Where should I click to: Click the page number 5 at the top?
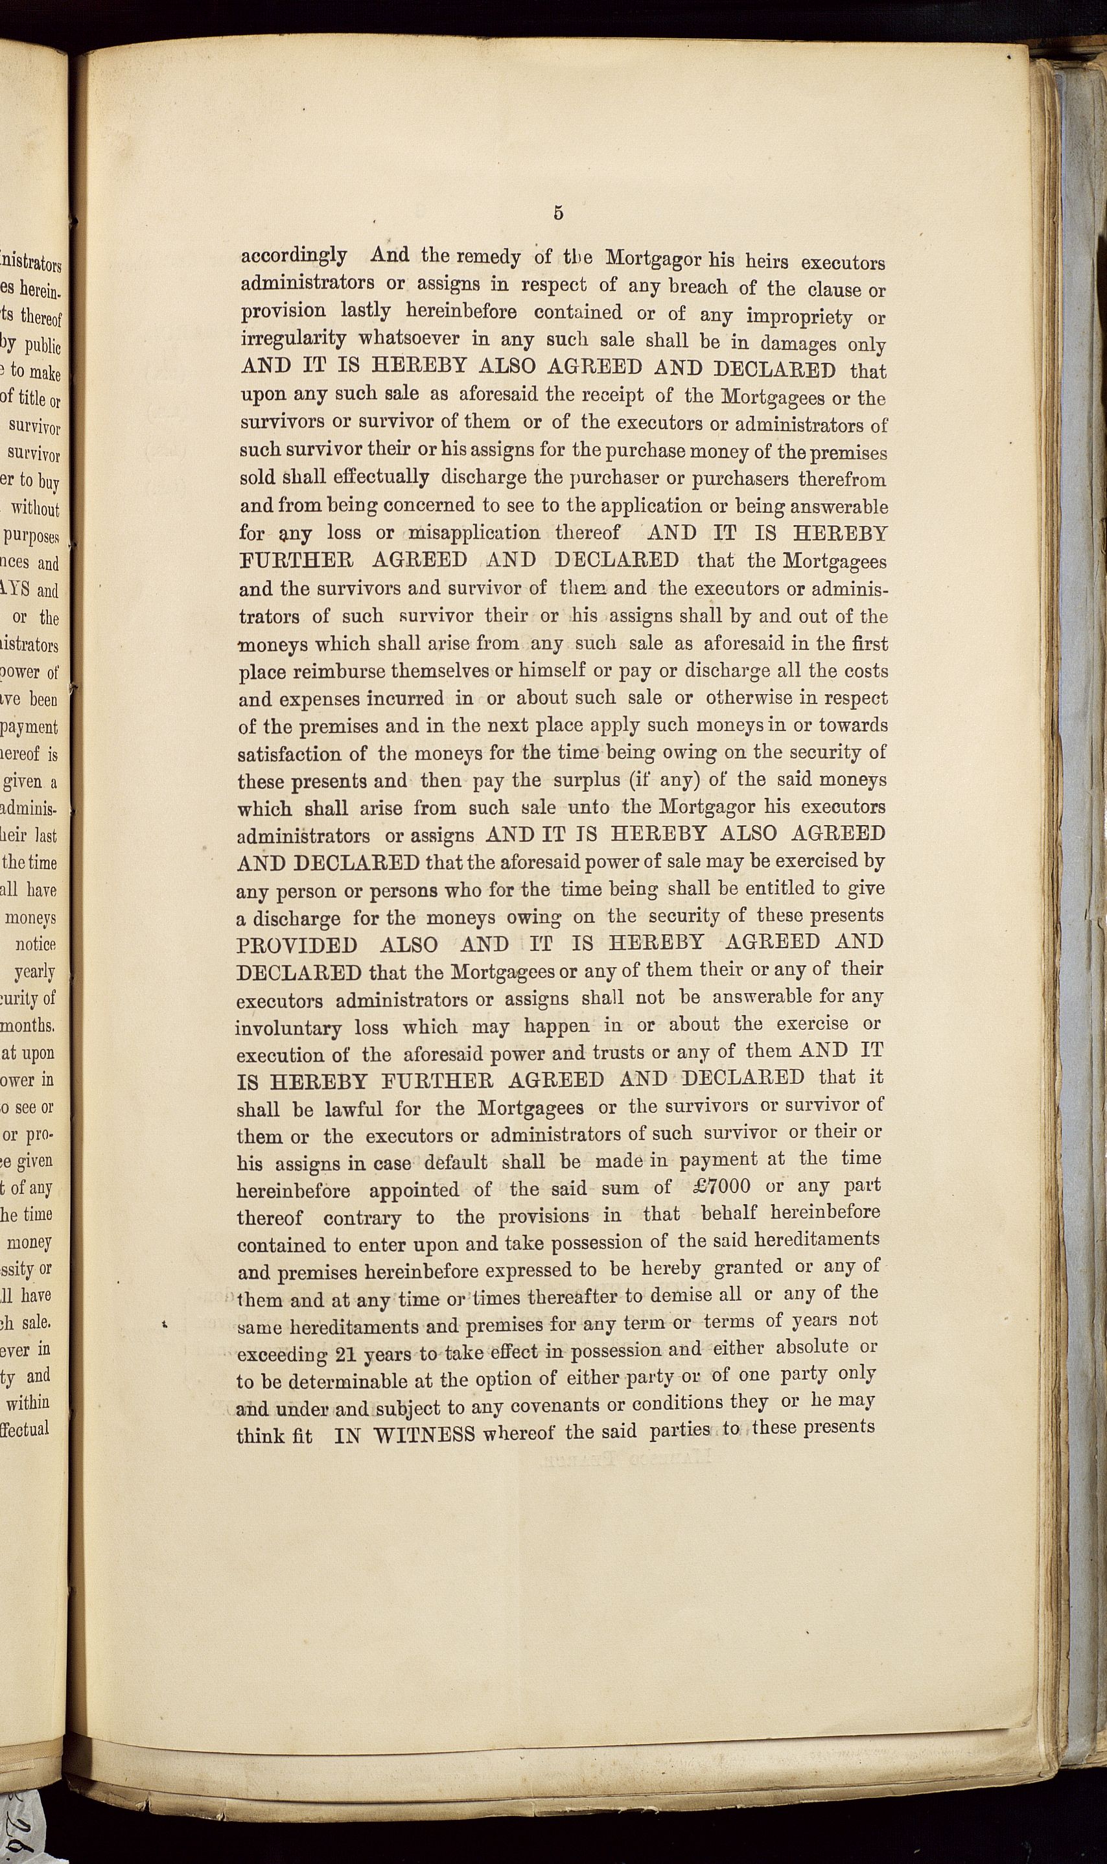(558, 213)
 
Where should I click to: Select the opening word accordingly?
(293, 256)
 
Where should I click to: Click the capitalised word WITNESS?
(424, 1435)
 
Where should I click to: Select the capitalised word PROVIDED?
(297, 944)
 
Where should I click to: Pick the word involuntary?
(288, 1028)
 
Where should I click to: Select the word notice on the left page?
(36, 944)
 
